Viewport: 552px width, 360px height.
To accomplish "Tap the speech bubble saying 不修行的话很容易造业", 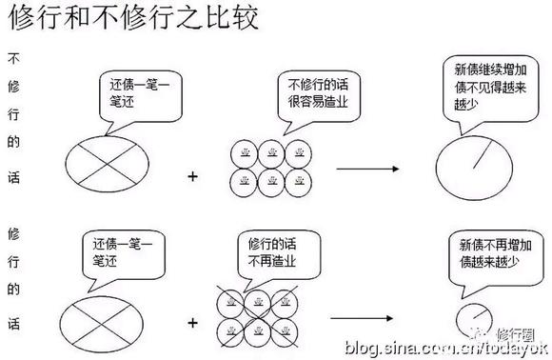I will point(319,95).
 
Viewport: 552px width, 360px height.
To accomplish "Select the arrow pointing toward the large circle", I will point(366,169).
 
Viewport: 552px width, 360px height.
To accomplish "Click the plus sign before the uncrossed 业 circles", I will point(194,175).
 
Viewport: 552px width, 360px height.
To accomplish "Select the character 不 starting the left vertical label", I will point(13,57).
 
